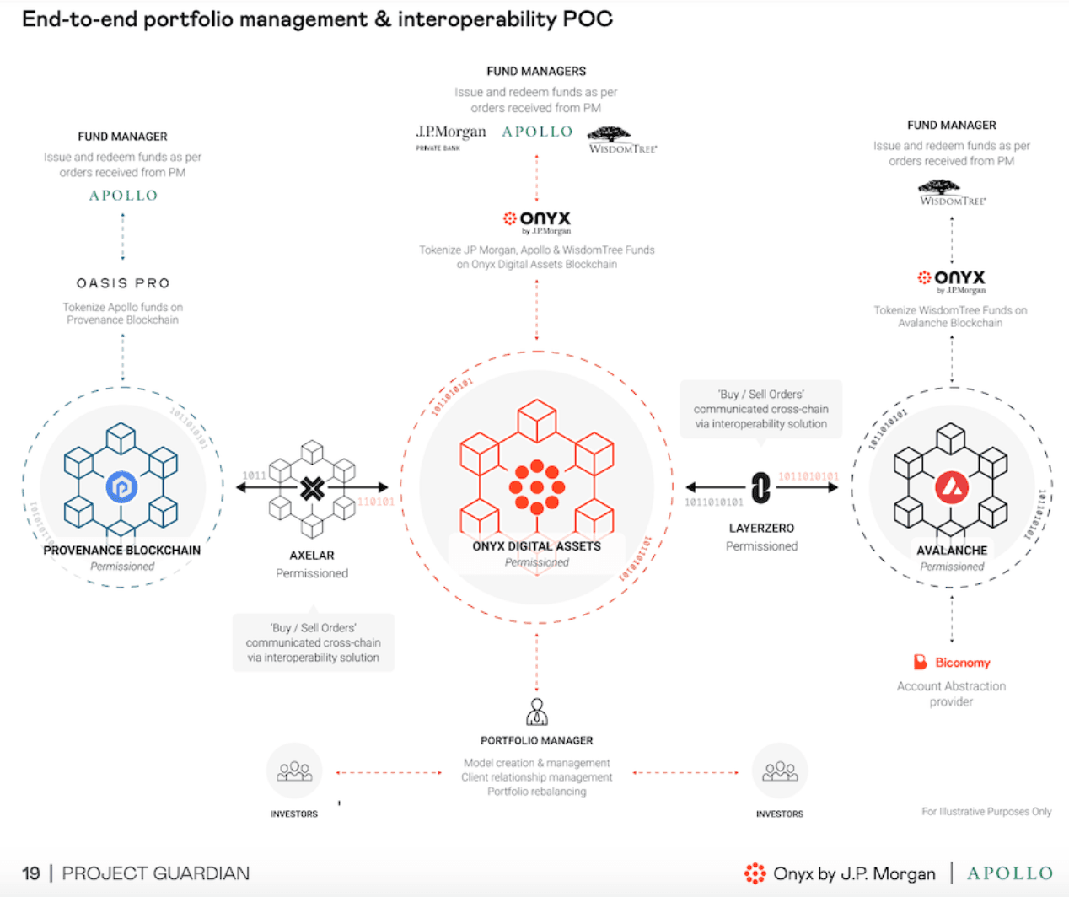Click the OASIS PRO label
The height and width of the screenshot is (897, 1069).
(123, 283)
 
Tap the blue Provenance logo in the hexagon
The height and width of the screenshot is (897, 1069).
(121, 487)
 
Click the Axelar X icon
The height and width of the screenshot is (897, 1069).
(312, 488)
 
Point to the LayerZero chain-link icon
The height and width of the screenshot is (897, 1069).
(760, 487)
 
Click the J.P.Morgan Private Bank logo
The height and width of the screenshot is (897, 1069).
(450, 136)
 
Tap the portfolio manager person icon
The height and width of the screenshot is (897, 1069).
(537, 712)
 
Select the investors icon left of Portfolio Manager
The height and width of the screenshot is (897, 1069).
(294, 771)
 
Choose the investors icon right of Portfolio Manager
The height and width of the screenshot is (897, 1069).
(780, 771)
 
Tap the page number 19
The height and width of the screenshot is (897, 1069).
(31, 873)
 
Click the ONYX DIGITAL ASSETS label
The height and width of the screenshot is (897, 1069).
(537, 546)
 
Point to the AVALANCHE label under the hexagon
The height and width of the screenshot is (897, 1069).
(952, 551)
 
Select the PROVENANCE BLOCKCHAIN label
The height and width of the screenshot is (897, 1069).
(122, 551)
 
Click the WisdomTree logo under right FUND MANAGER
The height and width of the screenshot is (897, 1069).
(952, 192)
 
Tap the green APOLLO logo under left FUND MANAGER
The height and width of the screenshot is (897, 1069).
(123, 196)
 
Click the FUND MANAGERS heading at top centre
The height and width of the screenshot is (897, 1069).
(536, 72)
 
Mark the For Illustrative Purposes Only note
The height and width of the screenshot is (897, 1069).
(986, 812)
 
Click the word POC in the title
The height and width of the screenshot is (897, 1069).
(589, 19)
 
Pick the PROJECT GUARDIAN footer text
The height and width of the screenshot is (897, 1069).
(156, 873)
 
